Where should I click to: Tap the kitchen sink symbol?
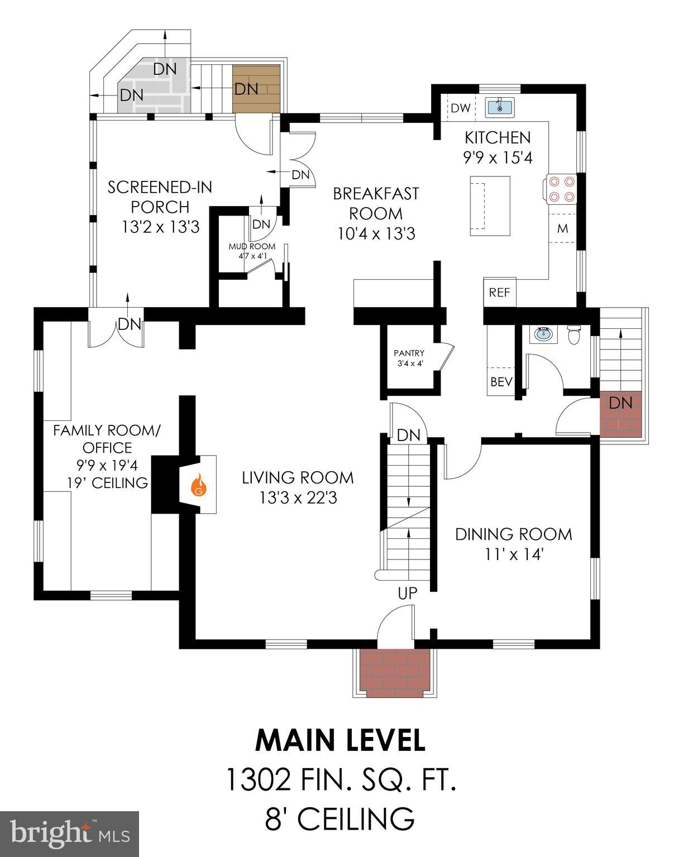point(500,106)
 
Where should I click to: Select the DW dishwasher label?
point(461,108)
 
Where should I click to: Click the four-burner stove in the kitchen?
point(561,189)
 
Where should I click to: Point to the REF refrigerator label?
point(499,292)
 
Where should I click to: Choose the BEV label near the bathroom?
point(501,382)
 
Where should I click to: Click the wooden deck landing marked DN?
point(256,89)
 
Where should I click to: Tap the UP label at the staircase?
point(408,593)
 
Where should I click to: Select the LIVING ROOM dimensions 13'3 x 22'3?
point(298,497)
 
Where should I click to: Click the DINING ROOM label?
point(513,534)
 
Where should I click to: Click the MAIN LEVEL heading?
point(339,740)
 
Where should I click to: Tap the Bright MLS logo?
point(69,834)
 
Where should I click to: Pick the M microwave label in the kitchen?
point(562,228)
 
